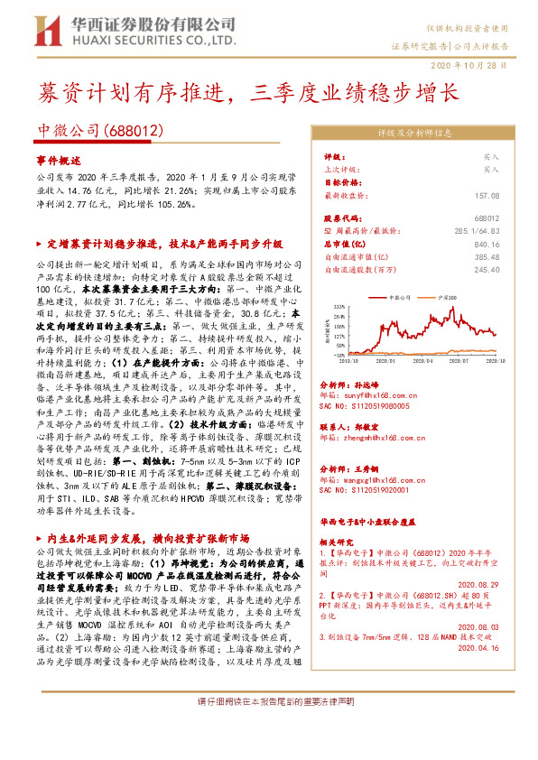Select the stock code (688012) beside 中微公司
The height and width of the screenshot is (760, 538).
click(x=137, y=129)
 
